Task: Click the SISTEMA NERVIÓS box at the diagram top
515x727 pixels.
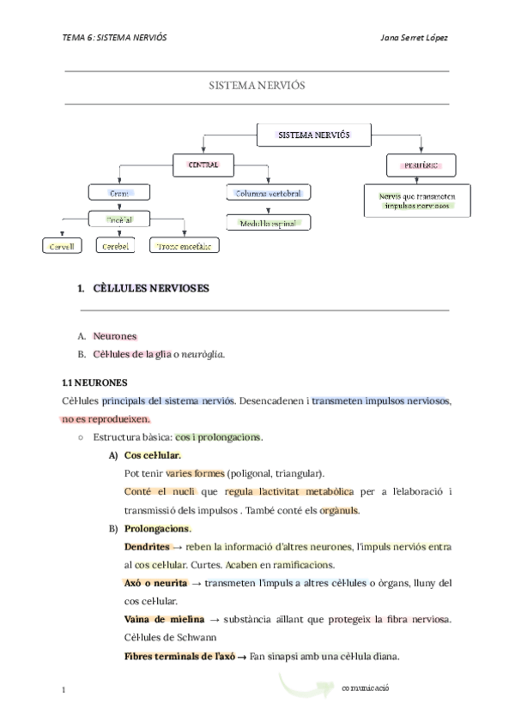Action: click(x=312, y=135)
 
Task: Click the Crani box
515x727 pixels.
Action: click(x=119, y=194)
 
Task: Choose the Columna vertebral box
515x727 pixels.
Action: click(x=269, y=194)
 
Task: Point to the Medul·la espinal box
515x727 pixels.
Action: click(x=269, y=223)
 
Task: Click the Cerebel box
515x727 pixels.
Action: click(x=116, y=247)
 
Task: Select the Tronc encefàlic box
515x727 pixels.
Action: click(x=184, y=247)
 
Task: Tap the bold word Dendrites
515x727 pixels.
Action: click(x=147, y=546)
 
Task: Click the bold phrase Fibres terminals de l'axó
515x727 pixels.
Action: click(x=179, y=657)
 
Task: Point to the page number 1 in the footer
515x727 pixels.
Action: click(x=65, y=689)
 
